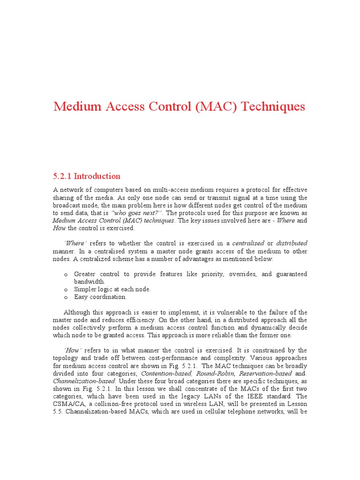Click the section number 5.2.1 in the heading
(x=63, y=177)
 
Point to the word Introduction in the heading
(x=97, y=177)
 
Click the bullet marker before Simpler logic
(x=66, y=290)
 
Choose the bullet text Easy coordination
(x=100, y=297)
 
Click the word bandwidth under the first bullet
(x=89, y=282)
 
